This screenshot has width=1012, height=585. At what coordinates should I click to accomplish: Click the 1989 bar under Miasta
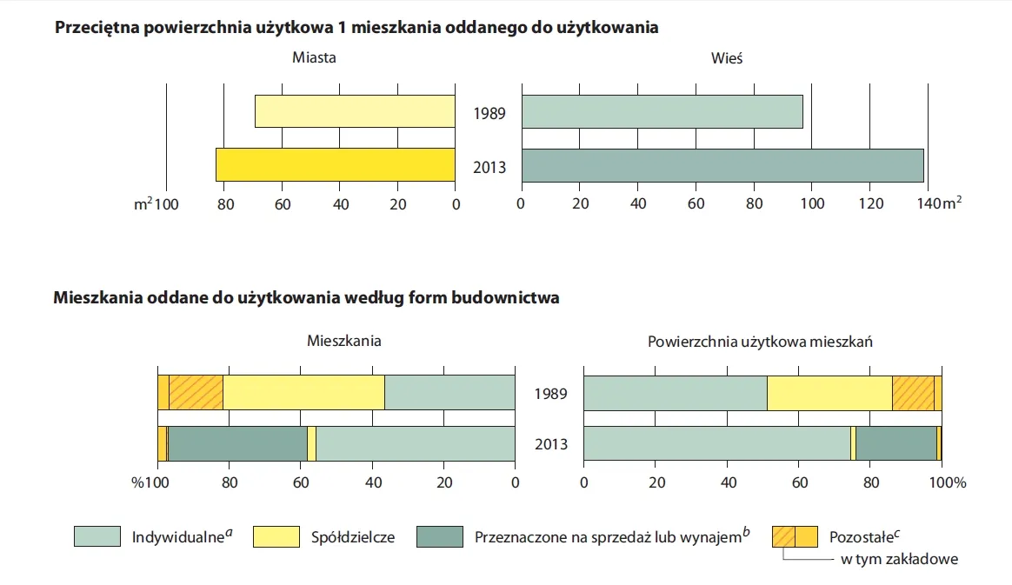click(355, 111)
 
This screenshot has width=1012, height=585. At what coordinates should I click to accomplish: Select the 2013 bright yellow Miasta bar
click(335, 165)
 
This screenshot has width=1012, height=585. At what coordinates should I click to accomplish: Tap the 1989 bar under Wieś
click(662, 111)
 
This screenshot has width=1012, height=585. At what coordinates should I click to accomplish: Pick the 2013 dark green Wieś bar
click(722, 165)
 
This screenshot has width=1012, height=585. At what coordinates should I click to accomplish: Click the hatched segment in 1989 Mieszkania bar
click(196, 392)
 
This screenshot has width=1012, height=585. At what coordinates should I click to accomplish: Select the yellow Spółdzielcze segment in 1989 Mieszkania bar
click(303, 392)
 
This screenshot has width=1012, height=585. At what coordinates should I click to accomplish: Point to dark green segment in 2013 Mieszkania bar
click(238, 443)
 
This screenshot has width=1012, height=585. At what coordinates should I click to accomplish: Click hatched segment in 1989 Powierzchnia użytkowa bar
click(913, 393)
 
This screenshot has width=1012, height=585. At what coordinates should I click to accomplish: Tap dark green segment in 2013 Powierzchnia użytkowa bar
click(896, 443)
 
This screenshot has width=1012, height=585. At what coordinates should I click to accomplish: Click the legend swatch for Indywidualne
click(97, 536)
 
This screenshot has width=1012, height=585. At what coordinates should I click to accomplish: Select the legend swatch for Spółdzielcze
click(276, 536)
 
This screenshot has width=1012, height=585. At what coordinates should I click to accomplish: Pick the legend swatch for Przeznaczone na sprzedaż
click(440, 536)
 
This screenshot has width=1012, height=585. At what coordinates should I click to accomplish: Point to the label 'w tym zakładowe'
click(899, 559)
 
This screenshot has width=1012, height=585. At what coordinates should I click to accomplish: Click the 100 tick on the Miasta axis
click(166, 204)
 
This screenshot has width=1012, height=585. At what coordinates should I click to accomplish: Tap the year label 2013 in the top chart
click(489, 167)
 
